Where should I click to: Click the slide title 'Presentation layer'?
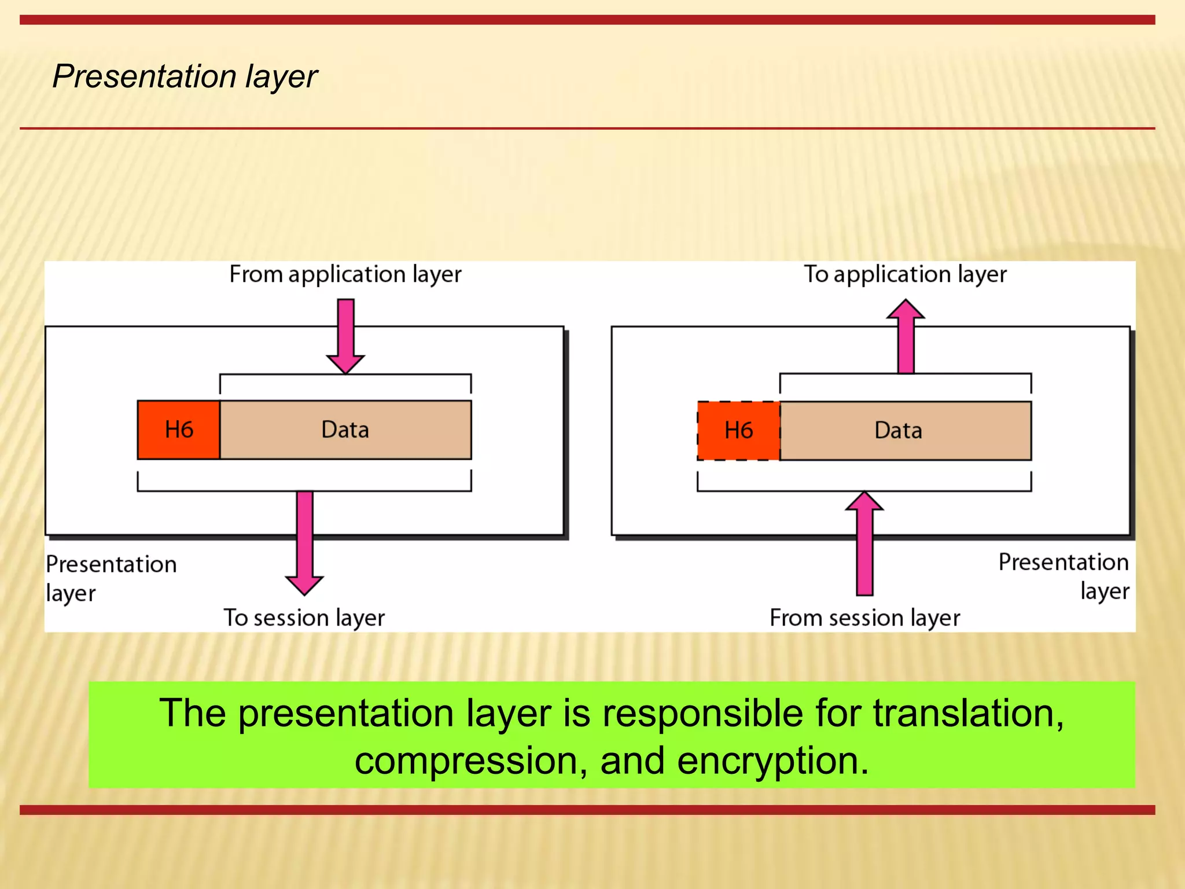[185, 76]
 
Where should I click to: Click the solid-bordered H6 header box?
[179, 430]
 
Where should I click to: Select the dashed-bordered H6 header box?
[738, 431]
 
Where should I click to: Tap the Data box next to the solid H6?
[345, 430]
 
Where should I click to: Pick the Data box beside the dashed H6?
[905, 431]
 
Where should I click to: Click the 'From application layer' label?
[345, 274]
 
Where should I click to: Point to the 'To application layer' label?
[905, 274]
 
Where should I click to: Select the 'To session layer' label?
[304, 618]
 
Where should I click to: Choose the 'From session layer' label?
[864, 618]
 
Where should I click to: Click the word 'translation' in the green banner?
[967, 713]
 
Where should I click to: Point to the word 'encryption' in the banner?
[773, 761]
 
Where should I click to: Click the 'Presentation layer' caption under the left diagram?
[111, 578]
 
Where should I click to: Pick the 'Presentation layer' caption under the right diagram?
[1063, 576]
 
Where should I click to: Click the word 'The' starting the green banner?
[193, 713]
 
